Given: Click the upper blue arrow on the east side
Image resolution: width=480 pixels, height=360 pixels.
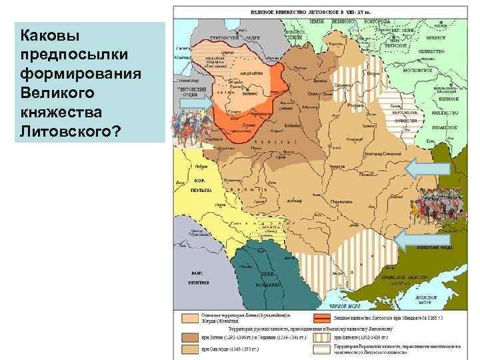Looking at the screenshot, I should pyautogui.click(x=419, y=167).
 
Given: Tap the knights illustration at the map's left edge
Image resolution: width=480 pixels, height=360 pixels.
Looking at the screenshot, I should pyautogui.click(x=189, y=127).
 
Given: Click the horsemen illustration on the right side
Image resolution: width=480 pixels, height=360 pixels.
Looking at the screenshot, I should pyautogui.click(x=437, y=208).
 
